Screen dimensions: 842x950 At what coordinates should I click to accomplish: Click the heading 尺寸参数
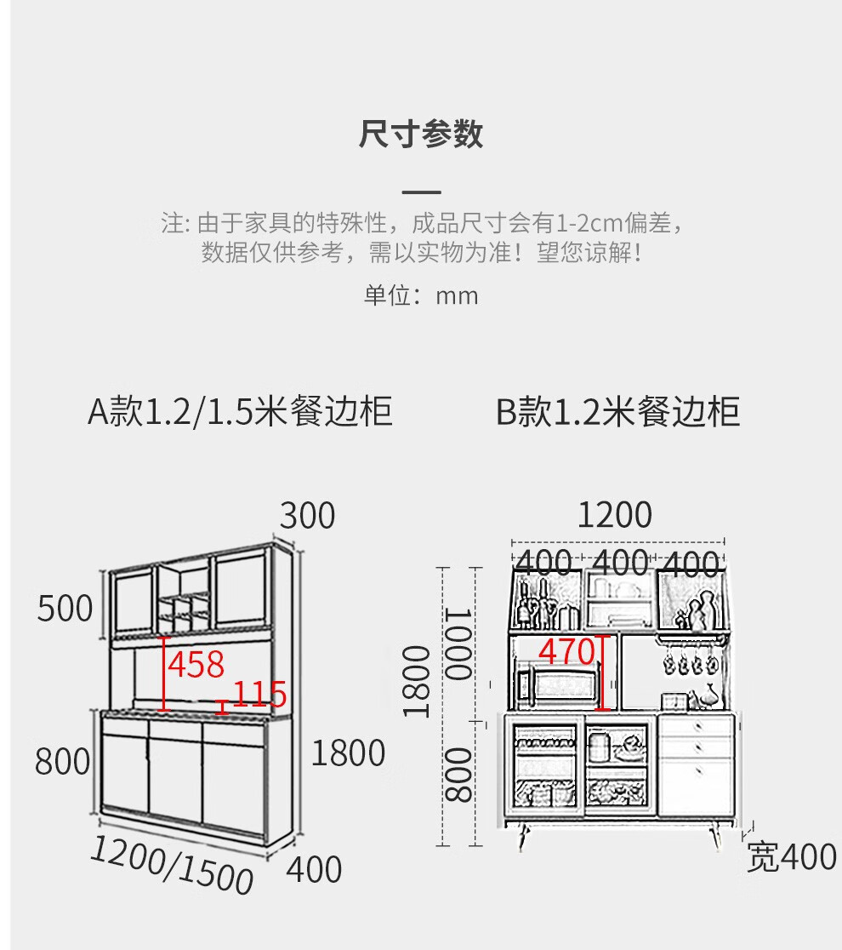click(x=421, y=134)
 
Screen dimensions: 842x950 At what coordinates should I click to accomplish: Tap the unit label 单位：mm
click(x=421, y=295)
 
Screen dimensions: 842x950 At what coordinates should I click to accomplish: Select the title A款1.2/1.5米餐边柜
click(x=240, y=411)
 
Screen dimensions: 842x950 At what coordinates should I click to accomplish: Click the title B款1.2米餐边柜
click(x=618, y=411)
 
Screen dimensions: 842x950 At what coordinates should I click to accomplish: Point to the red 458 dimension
click(x=196, y=664)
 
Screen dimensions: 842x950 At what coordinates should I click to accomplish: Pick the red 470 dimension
click(x=566, y=652)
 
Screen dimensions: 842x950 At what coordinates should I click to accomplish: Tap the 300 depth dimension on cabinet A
click(x=308, y=516)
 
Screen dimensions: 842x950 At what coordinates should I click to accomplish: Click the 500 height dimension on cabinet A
click(x=65, y=609)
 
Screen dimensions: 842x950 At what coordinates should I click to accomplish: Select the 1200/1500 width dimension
click(x=172, y=864)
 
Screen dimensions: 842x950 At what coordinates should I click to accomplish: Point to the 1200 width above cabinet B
click(x=615, y=515)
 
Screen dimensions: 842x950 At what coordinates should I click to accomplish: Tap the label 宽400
click(x=791, y=857)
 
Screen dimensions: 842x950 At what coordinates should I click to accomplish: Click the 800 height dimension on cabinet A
click(x=62, y=761)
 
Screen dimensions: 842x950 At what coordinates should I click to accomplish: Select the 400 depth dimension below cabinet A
click(x=313, y=870)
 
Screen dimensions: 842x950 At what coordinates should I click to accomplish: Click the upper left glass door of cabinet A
click(x=134, y=599)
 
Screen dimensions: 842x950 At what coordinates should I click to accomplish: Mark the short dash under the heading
click(x=421, y=193)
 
